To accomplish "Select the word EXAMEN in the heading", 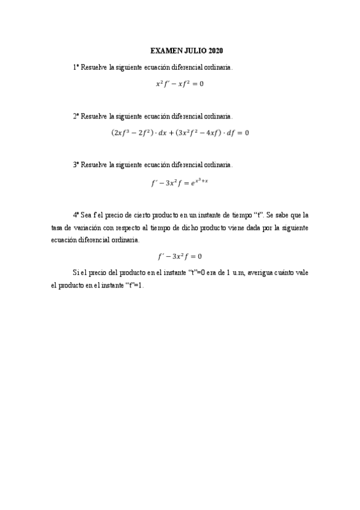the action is click(162, 52).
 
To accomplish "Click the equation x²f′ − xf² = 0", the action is click(180, 84).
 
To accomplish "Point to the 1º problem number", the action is click(76, 68).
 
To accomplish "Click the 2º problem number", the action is click(76, 115).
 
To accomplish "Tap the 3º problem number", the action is click(76, 164).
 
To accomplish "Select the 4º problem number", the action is click(76, 214).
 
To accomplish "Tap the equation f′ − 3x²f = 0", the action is click(180, 256).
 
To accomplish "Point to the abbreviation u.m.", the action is click(236, 272).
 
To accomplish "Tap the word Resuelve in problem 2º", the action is click(94, 115).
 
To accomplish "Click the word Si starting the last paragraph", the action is click(75, 272).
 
